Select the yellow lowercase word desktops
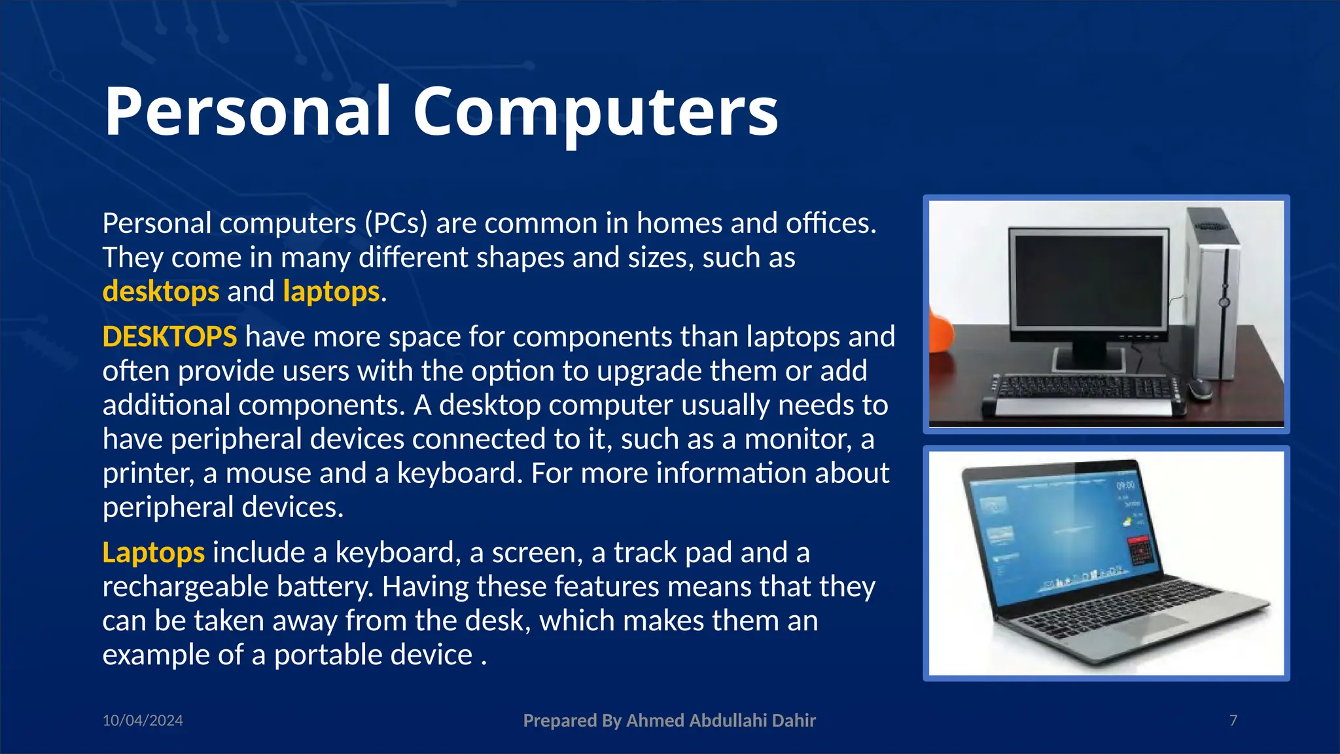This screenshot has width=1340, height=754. (161, 292)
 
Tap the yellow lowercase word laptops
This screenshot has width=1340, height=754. (331, 292)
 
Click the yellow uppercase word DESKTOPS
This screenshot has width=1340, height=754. (169, 337)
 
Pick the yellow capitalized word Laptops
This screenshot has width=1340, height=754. (154, 553)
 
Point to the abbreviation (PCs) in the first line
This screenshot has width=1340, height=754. (396, 224)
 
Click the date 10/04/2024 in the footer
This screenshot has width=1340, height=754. (143, 721)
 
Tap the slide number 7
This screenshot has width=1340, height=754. (1233, 721)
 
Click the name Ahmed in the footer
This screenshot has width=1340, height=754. (656, 721)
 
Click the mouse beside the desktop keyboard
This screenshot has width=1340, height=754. (1199, 389)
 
